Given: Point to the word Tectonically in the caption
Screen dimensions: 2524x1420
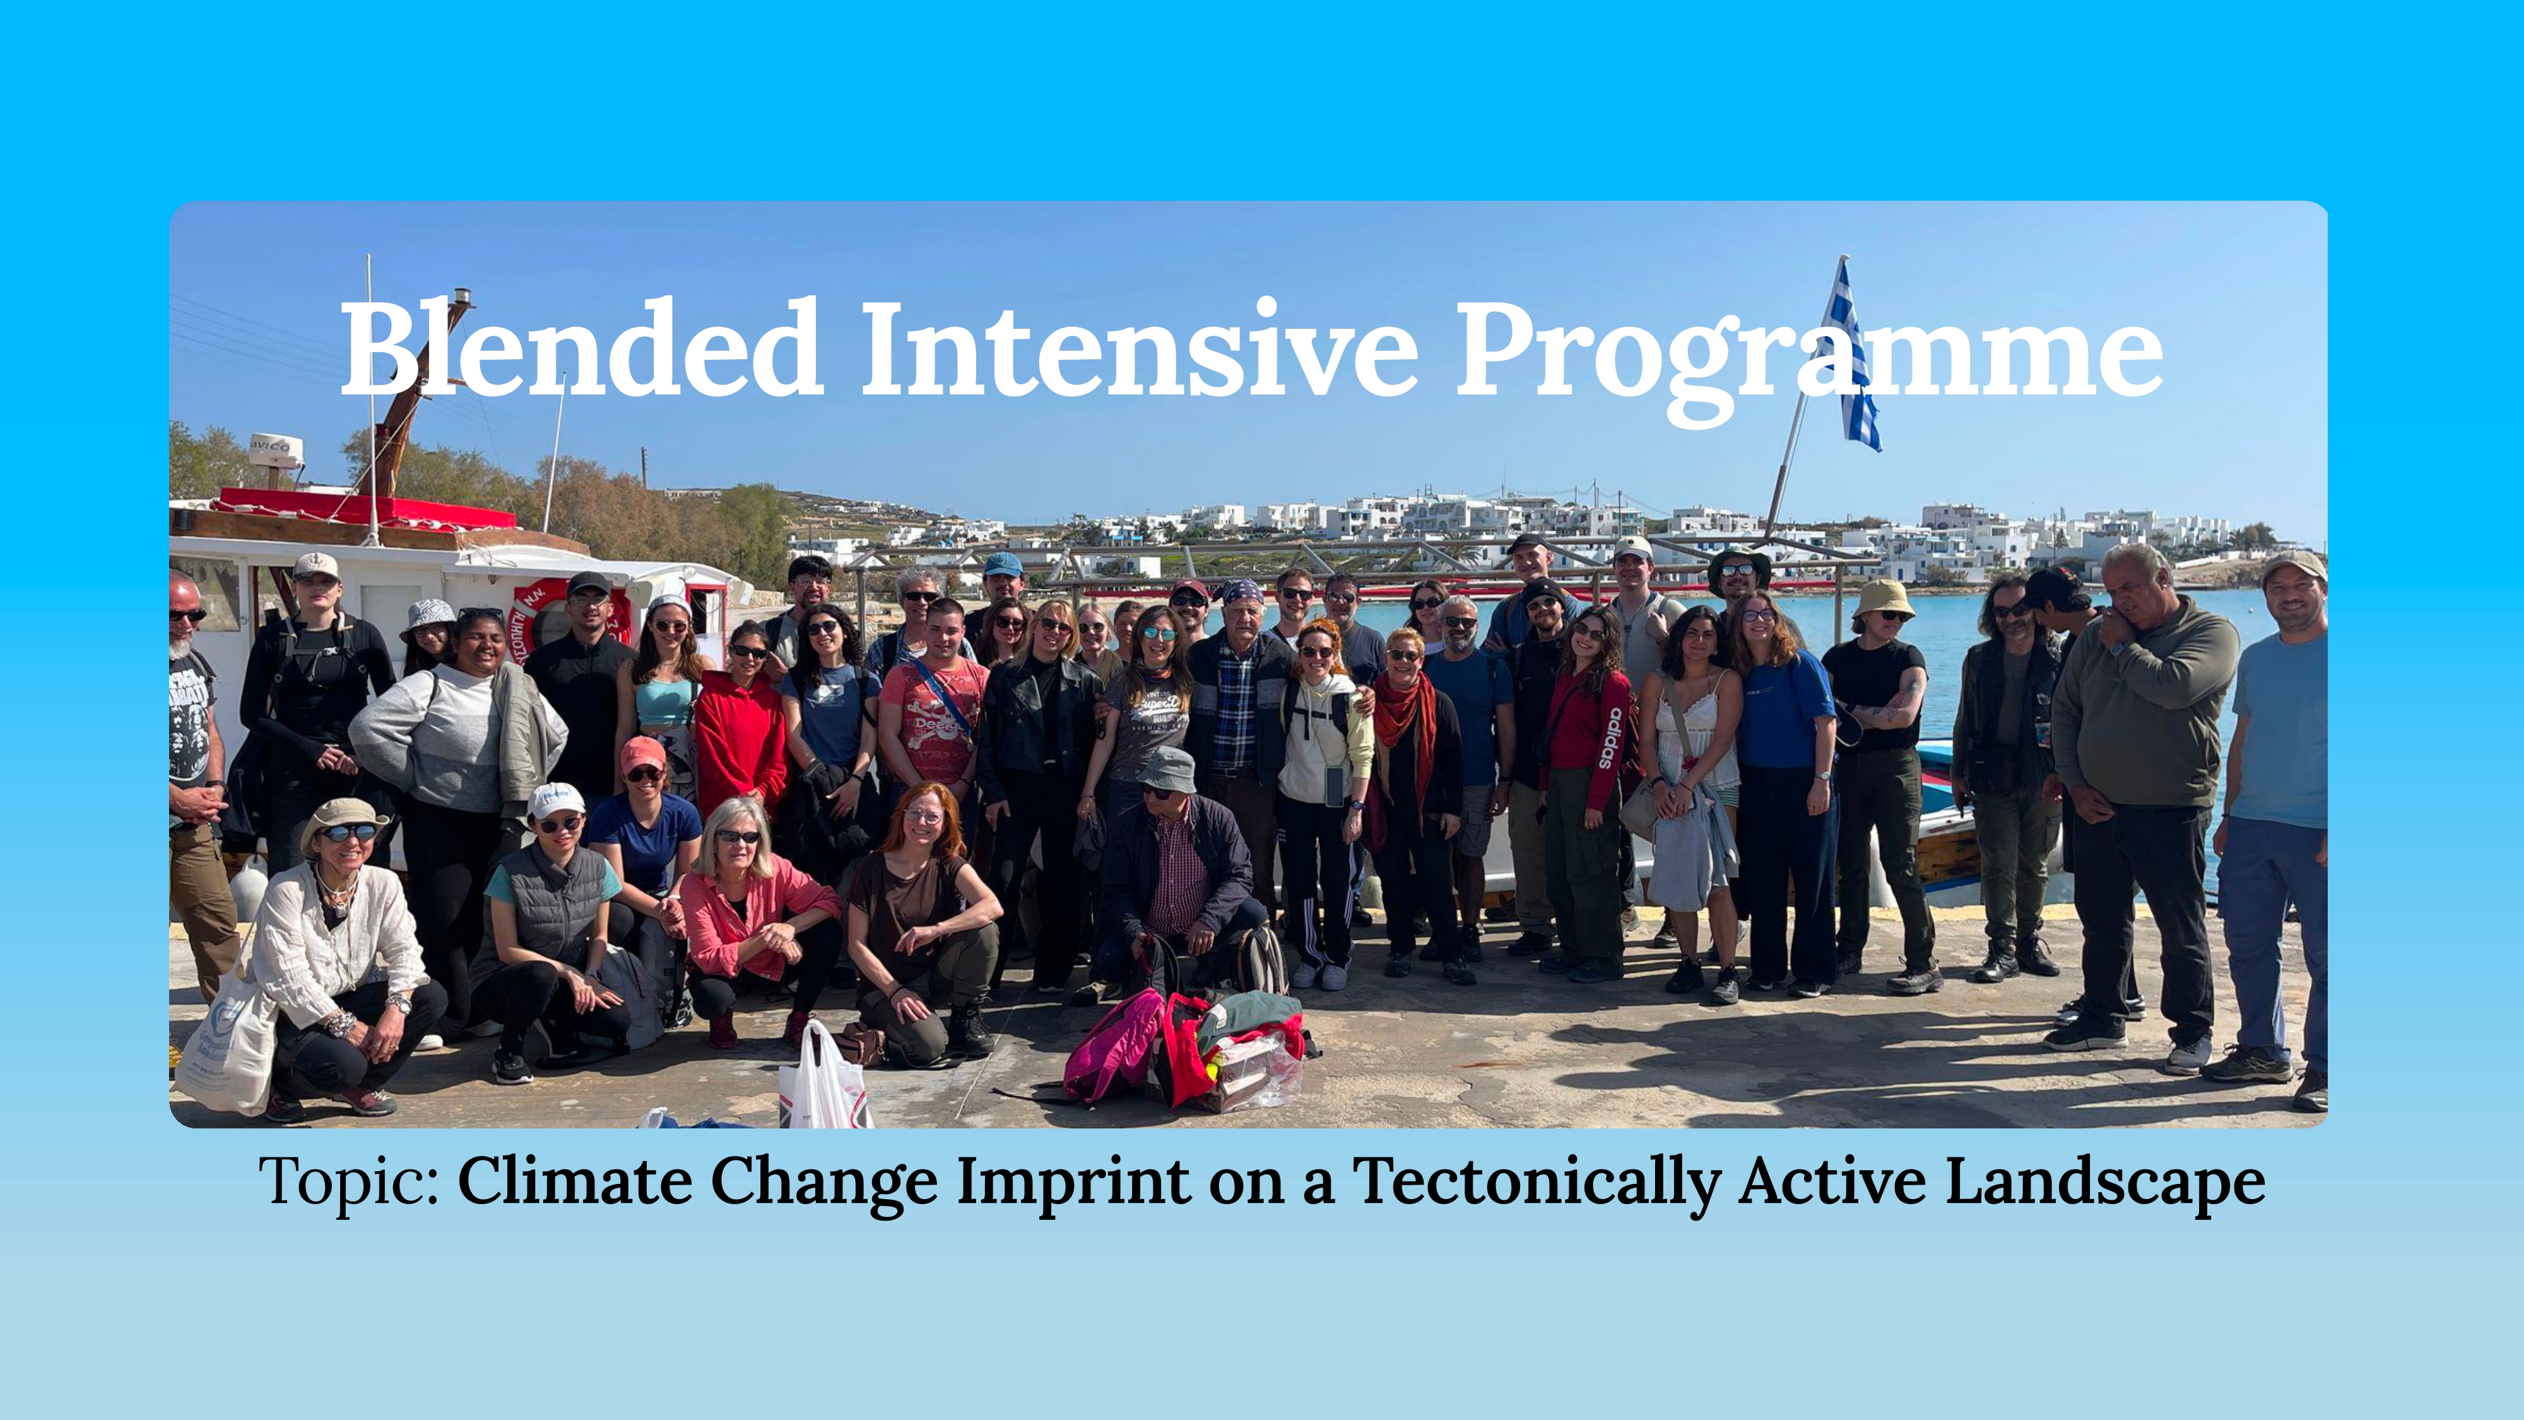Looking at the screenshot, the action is click(x=1536, y=1183).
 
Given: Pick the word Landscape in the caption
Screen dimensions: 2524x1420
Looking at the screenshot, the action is click(x=2104, y=1183).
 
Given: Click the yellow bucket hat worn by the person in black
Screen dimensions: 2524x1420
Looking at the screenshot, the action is click(x=1883, y=597).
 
